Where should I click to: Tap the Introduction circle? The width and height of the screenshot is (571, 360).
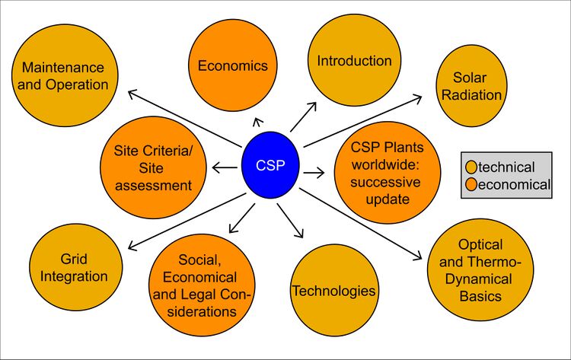click(354, 61)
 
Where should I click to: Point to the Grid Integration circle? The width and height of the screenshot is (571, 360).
click(73, 266)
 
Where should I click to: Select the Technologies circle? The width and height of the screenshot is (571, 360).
click(333, 289)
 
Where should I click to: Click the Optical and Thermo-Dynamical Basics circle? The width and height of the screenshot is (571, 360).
click(480, 270)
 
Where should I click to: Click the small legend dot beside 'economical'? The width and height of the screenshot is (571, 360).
click(471, 184)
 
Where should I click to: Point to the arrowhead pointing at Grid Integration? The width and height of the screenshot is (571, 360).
click(132, 247)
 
